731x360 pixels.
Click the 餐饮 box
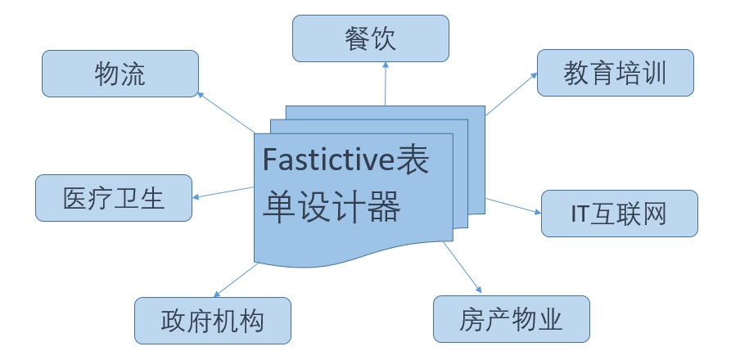(x=370, y=38)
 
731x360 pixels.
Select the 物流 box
(x=120, y=74)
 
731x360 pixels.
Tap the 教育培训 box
(x=615, y=73)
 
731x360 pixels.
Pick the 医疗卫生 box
(x=114, y=198)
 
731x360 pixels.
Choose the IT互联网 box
(x=619, y=214)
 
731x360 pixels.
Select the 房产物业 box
(x=512, y=318)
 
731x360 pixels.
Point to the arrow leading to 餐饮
(x=385, y=85)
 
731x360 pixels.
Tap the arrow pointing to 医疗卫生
(x=223, y=193)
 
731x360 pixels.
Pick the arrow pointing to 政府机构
(x=235, y=280)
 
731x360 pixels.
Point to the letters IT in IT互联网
(x=580, y=214)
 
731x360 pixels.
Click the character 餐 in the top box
(x=357, y=38)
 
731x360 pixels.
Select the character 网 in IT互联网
(x=654, y=214)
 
